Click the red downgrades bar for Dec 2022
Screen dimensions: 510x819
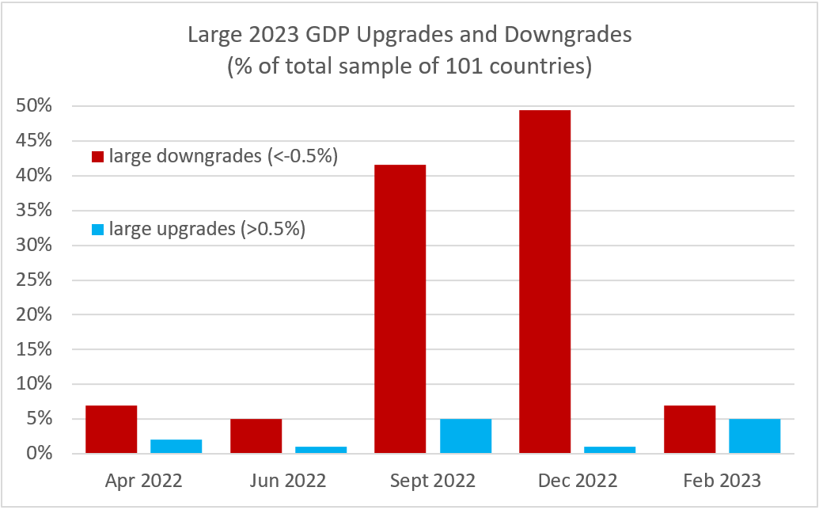point(544,282)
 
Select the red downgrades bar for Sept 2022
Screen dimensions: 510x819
point(400,309)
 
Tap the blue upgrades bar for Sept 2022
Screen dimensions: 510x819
point(465,436)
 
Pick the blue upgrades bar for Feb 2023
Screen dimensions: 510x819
point(754,436)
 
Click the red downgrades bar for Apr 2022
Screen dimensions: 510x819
point(112,429)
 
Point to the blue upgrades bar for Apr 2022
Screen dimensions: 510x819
point(176,447)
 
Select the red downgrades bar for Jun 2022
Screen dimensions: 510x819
point(256,436)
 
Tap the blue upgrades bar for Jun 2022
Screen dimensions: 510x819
point(320,450)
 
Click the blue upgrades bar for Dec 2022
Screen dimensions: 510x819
point(609,450)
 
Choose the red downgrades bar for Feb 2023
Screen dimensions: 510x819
point(689,429)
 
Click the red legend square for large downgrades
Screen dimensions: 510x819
point(98,158)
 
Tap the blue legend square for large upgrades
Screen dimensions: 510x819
point(98,230)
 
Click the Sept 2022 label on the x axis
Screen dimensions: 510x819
point(433,481)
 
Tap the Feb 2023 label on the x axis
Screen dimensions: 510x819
point(722,481)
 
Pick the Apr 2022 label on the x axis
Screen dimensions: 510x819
point(144,481)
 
